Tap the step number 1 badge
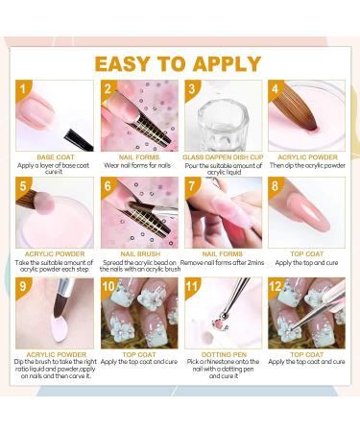[x=22, y=88]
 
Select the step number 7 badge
[x=191, y=186]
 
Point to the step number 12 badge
[x=276, y=286]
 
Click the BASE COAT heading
[x=56, y=157]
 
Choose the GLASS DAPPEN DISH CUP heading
[x=223, y=157]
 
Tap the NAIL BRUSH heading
[x=140, y=254]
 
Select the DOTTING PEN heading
[x=224, y=354]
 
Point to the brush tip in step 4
[x=313, y=128]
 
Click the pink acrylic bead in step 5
[x=44, y=203]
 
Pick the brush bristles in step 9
[x=60, y=306]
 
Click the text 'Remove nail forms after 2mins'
[x=223, y=263]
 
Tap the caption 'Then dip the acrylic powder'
[x=307, y=165]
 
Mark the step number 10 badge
[x=108, y=286]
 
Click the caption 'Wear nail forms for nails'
[x=137, y=165]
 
